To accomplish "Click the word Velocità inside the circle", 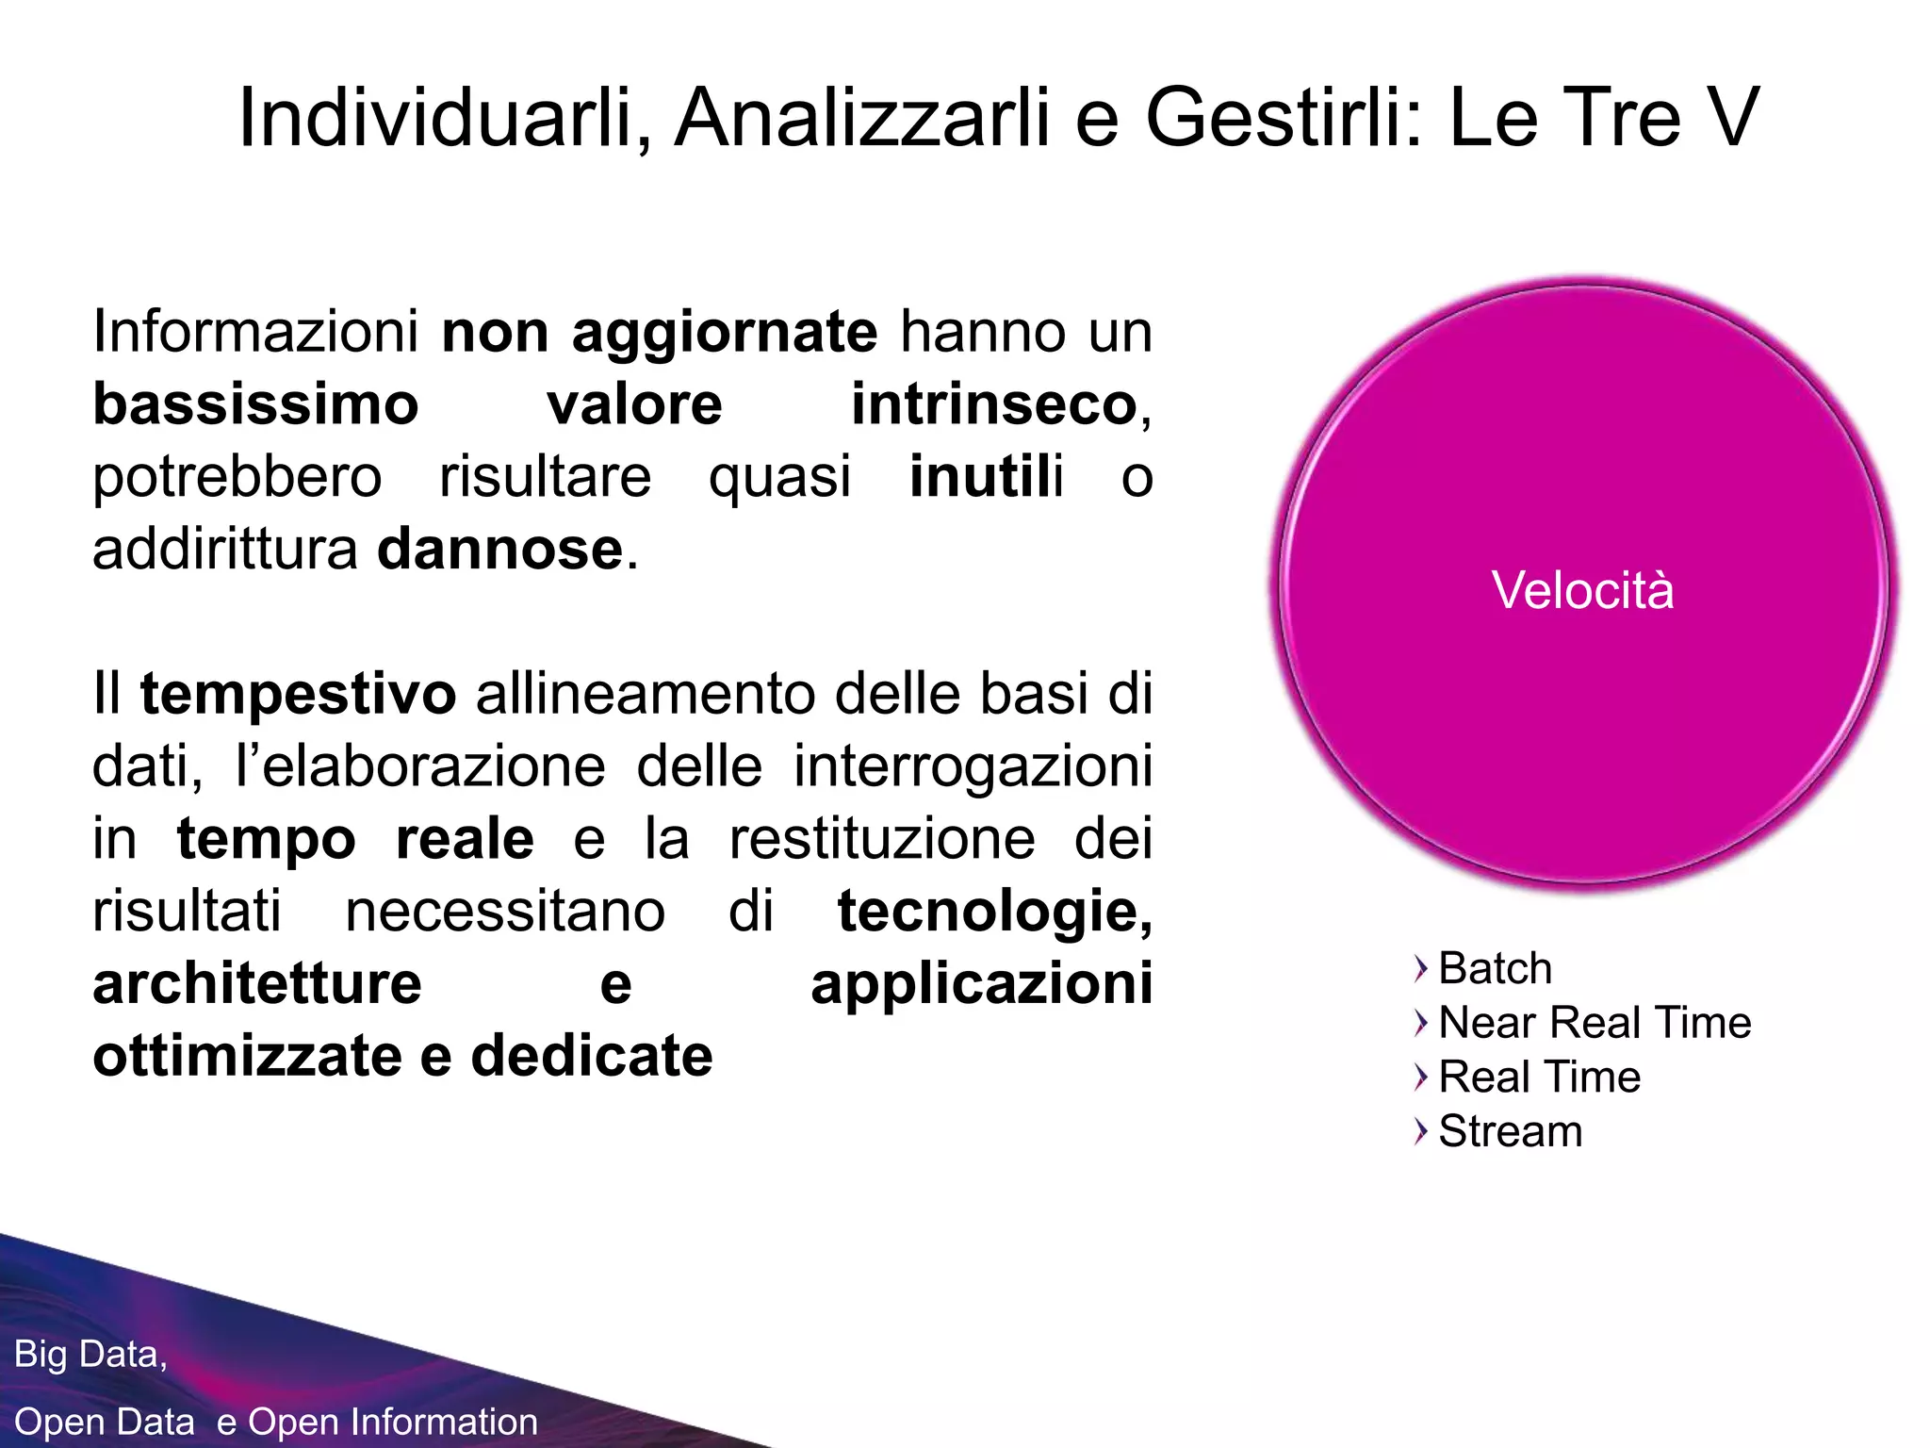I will click(x=1582, y=591).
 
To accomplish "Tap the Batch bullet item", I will click(x=1495, y=968).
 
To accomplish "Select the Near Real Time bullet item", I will click(x=1595, y=1023).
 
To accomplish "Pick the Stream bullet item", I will click(x=1510, y=1131).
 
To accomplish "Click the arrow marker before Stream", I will click(x=1421, y=1131).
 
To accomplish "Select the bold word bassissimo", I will click(x=255, y=404).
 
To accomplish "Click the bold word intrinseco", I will click(x=994, y=404).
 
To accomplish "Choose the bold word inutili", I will click(x=986, y=477).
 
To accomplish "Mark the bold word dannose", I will click(x=499, y=550).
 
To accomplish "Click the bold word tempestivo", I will click(x=298, y=695).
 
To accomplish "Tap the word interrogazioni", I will click(x=973, y=766).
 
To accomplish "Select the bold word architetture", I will click(x=256, y=984).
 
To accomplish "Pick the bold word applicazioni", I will click(x=981, y=984).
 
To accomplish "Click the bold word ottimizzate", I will click(x=248, y=1056).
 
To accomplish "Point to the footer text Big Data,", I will click(x=90, y=1355).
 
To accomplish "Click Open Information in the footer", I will click(x=393, y=1422).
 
